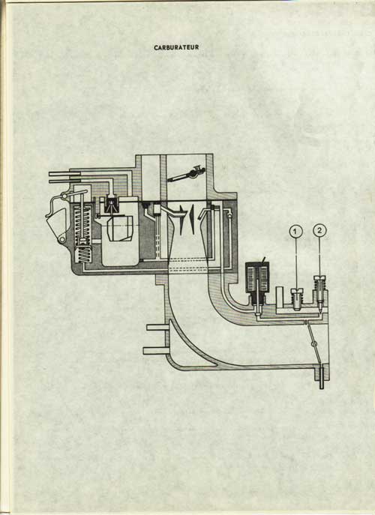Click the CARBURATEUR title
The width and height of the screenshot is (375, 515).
click(x=176, y=48)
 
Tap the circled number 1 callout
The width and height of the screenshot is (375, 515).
click(x=295, y=232)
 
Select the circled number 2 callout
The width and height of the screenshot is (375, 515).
click(x=319, y=230)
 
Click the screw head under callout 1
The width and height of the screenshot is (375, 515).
click(x=297, y=292)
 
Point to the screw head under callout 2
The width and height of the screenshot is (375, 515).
click(x=320, y=279)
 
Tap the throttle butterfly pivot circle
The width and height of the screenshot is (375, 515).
click(x=313, y=343)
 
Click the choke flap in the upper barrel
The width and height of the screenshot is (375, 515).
click(x=186, y=173)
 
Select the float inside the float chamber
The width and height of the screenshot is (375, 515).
click(x=120, y=229)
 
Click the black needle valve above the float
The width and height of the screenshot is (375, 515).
click(x=112, y=205)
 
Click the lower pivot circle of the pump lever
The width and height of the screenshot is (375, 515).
click(x=61, y=241)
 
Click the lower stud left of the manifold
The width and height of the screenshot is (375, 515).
click(x=154, y=351)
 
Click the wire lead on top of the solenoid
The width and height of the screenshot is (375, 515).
click(x=263, y=259)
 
